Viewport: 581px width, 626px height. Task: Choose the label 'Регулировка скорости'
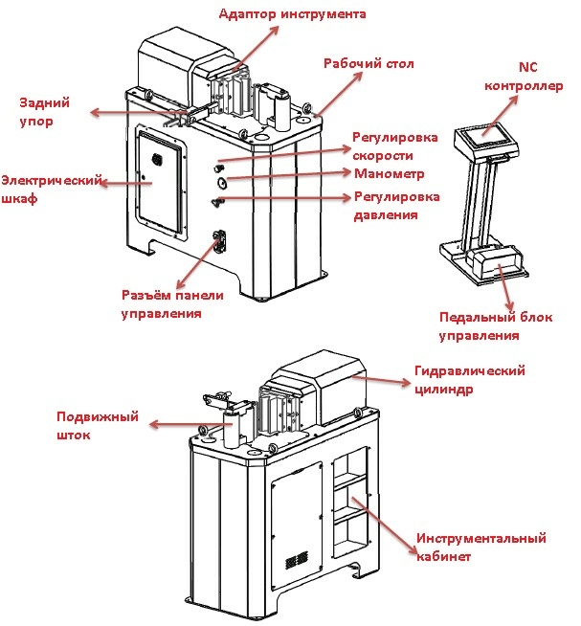394,145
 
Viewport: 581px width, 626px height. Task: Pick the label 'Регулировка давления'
396,206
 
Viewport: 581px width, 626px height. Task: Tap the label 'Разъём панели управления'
161,303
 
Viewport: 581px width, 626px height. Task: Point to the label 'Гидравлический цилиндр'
470,380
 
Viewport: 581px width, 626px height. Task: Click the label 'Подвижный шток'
97,426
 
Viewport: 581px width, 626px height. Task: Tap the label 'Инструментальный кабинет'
480,547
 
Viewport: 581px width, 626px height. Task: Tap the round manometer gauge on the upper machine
221,180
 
